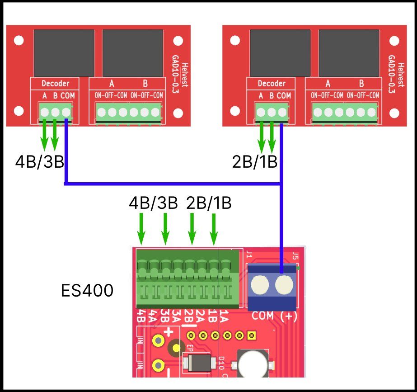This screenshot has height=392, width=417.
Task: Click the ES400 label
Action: pos(87,291)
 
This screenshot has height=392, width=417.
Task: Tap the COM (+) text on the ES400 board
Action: pos(274,317)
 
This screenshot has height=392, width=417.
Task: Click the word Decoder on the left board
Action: pos(55,84)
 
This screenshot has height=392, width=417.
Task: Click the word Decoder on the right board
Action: pos(272,84)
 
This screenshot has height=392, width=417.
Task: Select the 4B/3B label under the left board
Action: pos(40,161)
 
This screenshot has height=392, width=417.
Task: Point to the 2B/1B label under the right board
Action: pos(254,161)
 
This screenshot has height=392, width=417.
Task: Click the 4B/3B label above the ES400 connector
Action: pos(154,203)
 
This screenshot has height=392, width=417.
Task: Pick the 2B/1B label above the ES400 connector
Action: pos(209,203)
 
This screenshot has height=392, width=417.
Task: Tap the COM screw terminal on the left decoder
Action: pos(66,111)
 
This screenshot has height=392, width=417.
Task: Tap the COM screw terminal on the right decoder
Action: pos(282,111)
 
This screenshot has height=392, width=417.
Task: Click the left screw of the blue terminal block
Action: pos(261,285)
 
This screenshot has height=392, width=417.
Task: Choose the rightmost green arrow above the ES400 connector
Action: pos(214,228)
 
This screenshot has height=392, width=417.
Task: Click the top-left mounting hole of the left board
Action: pos(18,40)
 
